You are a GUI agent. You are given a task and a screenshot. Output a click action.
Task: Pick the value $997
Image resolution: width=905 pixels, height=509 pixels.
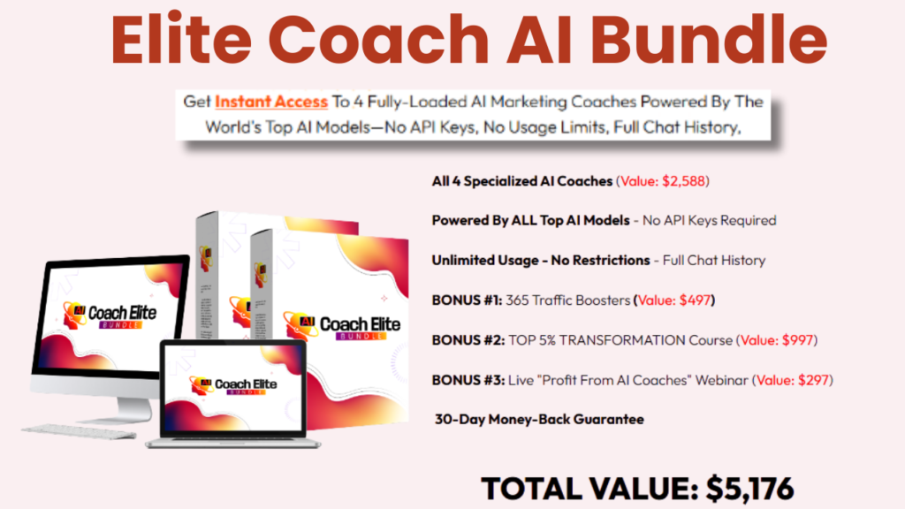pyautogui.click(x=794, y=340)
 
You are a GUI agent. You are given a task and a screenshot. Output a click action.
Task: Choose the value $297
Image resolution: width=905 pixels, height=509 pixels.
pyautogui.click(x=810, y=380)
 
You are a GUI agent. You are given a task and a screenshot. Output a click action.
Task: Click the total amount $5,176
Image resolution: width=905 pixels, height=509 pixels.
pyautogui.click(x=750, y=488)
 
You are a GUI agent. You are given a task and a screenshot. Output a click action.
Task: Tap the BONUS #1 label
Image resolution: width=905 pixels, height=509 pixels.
pyautogui.click(x=466, y=300)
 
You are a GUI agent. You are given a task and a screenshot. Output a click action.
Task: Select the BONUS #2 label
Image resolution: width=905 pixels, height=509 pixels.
pyautogui.click(x=467, y=340)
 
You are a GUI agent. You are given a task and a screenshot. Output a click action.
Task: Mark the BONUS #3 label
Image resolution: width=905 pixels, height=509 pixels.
pyautogui.click(x=467, y=380)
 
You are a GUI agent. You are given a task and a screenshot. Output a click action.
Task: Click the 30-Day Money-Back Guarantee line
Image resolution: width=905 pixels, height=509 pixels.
pyautogui.click(x=539, y=419)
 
